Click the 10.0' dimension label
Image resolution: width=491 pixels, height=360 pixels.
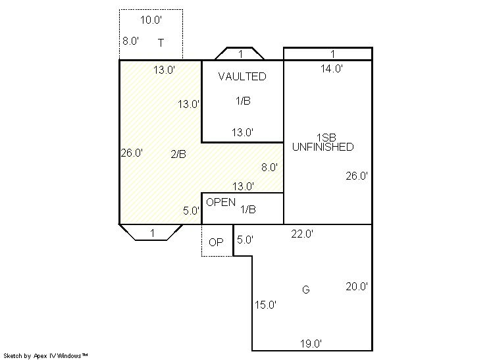(x=151, y=20)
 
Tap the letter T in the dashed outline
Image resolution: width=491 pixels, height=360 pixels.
(x=161, y=43)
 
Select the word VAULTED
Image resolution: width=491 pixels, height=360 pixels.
(x=242, y=76)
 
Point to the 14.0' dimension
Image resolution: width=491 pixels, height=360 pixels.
(x=332, y=68)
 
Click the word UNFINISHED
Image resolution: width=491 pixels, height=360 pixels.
(x=323, y=147)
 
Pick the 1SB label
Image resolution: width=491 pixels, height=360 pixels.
(x=326, y=138)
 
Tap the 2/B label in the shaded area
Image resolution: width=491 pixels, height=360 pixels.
(x=178, y=154)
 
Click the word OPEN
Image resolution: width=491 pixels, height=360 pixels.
(x=220, y=202)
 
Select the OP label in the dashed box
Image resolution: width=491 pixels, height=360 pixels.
(x=216, y=242)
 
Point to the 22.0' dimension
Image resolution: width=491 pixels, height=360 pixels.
(x=302, y=234)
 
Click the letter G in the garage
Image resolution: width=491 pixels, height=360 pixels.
(x=306, y=290)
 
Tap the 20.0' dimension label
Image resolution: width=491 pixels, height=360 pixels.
(x=357, y=286)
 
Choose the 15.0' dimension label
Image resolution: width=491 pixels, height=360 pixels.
(x=265, y=305)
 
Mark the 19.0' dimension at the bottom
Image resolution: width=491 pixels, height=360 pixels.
(x=311, y=344)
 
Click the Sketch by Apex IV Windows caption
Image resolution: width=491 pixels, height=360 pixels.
(x=45, y=356)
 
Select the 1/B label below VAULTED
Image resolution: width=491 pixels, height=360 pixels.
(x=243, y=101)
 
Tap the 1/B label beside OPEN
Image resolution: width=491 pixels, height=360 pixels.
(x=248, y=209)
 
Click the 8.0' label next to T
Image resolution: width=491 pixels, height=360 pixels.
(x=131, y=41)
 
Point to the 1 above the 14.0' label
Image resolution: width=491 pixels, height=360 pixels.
(x=332, y=54)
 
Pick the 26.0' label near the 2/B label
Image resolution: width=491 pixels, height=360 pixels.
(x=132, y=153)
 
